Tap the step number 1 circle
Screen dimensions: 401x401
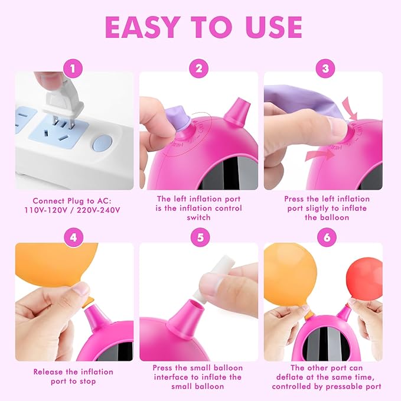(x=74, y=69)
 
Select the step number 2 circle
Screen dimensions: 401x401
(x=199, y=69)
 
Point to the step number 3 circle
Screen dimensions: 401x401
(x=324, y=69)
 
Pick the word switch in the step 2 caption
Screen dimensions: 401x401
(x=199, y=217)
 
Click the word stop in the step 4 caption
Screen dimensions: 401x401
(x=86, y=381)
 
